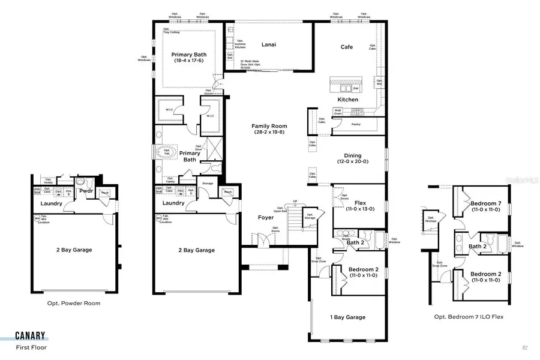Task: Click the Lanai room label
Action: tap(268, 44)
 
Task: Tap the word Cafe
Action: tap(347, 47)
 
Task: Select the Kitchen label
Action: tap(348, 100)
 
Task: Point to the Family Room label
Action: tap(269, 127)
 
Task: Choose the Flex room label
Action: tap(361, 202)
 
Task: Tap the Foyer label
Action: tap(265, 218)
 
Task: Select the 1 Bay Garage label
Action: tap(347, 317)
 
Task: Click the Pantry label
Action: tap(356, 124)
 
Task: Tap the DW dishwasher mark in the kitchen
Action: tap(355, 88)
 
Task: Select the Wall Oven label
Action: tap(338, 111)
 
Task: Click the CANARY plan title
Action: tap(31, 337)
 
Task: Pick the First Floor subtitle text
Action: tap(31, 347)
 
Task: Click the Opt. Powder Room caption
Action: tap(74, 304)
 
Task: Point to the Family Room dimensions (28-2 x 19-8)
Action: tap(269, 133)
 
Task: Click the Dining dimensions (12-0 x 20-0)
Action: tap(352, 161)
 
